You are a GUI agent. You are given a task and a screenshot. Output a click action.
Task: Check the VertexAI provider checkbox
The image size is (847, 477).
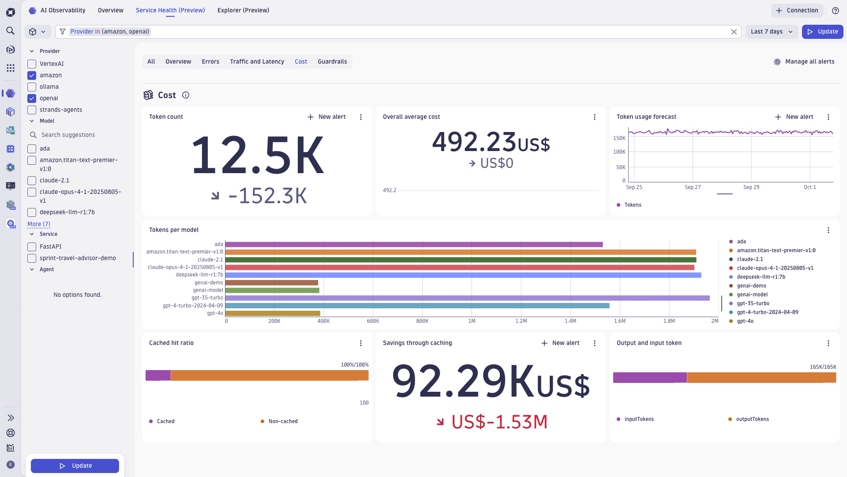point(32,64)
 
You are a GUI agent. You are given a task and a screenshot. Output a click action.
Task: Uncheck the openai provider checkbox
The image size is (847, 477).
point(32,98)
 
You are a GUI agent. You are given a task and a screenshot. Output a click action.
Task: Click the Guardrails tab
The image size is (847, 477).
point(332,62)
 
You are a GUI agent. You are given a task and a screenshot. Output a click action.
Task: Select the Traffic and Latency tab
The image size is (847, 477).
point(257,62)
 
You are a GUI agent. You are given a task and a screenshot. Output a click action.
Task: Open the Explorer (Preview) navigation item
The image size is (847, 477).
point(243,11)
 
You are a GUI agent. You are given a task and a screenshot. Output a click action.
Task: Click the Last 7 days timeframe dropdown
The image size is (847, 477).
point(772,32)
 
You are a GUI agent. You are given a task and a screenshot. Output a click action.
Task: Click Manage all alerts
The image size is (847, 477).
point(804,62)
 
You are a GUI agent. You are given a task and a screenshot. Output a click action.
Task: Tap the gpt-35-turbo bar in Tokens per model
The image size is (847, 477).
point(467,298)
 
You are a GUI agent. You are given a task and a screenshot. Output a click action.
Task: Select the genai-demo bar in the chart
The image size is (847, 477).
point(271,283)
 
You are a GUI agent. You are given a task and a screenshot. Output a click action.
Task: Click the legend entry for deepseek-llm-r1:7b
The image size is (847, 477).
point(761,277)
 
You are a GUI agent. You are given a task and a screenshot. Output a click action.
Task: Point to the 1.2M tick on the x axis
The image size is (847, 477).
point(521,321)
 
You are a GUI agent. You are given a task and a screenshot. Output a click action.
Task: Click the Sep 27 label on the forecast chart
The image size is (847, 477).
point(693,187)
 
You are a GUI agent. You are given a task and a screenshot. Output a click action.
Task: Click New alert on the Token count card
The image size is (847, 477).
point(326,117)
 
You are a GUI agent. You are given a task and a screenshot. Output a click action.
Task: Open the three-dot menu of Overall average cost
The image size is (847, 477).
point(595,117)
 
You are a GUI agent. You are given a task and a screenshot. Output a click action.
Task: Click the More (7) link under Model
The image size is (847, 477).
point(39,224)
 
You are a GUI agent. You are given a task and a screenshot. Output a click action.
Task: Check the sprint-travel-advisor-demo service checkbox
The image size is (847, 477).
point(32,258)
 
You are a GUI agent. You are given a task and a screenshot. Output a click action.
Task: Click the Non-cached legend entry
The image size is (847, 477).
point(283,421)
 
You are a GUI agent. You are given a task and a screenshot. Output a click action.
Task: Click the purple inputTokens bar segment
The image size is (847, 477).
point(649,378)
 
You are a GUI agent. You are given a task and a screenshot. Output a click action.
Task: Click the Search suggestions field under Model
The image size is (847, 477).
point(68,135)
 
